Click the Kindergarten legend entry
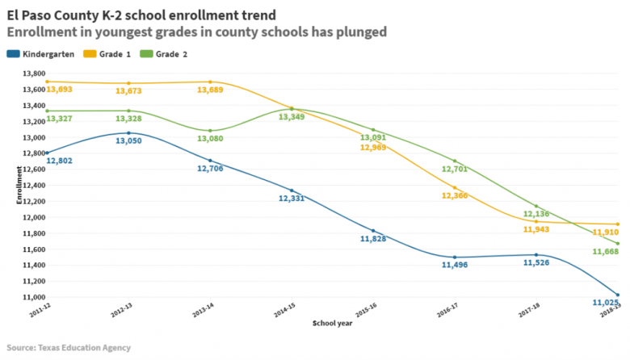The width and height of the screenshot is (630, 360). pyautogui.click(x=40, y=54)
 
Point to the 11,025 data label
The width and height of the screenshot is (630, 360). pyautogui.click(x=605, y=302)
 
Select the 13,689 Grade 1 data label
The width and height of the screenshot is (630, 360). pyautogui.click(x=210, y=90)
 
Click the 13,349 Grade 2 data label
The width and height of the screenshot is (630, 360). pyautogui.click(x=292, y=117)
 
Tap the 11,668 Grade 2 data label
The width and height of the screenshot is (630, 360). pyautogui.click(x=606, y=252)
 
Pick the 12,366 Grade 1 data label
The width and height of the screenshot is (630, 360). pyautogui.click(x=456, y=195)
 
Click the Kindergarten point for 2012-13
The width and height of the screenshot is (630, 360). pyautogui.click(x=128, y=132)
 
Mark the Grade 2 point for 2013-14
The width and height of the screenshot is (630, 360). pyautogui.click(x=210, y=131)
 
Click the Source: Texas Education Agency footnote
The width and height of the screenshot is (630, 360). pyautogui.click(x=69, y=348)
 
